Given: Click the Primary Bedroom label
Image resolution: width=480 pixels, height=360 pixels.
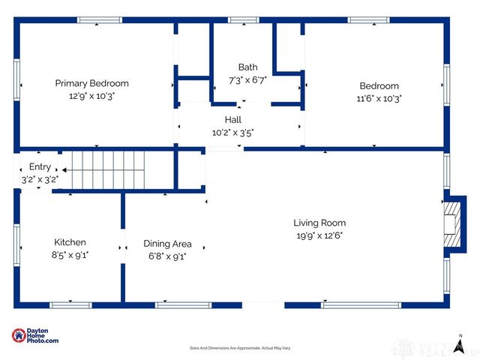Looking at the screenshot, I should pyautogui.click(x=91, y=83).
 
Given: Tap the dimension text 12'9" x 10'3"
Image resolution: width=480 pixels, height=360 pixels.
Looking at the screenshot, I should pyautogui.click(x=91, y=95).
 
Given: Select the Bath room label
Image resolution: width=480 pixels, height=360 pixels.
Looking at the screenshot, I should pyautogui.click(x=247, y=67).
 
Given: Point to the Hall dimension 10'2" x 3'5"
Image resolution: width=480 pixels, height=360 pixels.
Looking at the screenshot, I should pyautogui.click(x=232, y=132).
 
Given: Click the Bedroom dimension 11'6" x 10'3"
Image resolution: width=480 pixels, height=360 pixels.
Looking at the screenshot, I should pyautogui.click(x=379, y=97).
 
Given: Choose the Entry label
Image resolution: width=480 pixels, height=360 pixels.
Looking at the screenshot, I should pyautogui.click(x=40, y=166).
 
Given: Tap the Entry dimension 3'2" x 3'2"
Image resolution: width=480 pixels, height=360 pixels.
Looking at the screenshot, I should pyautogui.click(x=40, y=179).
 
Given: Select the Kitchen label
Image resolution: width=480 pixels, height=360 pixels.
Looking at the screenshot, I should pyautogui.click(x=70, y=242).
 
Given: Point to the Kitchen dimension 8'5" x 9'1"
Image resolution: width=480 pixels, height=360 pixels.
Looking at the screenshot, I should pyautogui.click(x=70, y=255).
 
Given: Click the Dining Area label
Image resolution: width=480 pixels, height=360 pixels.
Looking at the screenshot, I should pyautogui.click(x=167, y=244).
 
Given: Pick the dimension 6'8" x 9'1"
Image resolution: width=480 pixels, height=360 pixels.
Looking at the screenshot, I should pyautogui.click(x=167, y=256).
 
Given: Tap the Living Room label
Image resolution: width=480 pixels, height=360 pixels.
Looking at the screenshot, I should pyautogui.click(x=319, y=223).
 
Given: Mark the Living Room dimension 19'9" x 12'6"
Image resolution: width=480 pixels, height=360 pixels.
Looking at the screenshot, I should pyautogui.click(x=319, y=235).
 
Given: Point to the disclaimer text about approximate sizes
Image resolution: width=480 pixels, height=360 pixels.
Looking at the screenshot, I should pyautogui.click(x=239, y=348).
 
